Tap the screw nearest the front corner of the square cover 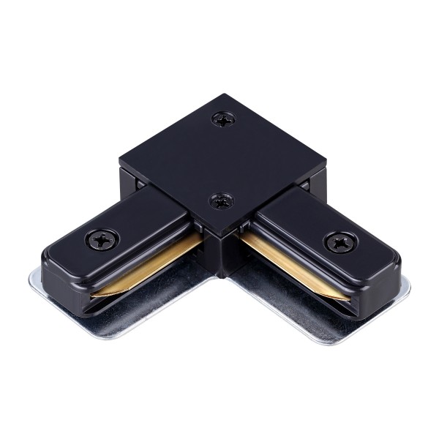point(220,199)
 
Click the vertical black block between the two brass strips point(219,252)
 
